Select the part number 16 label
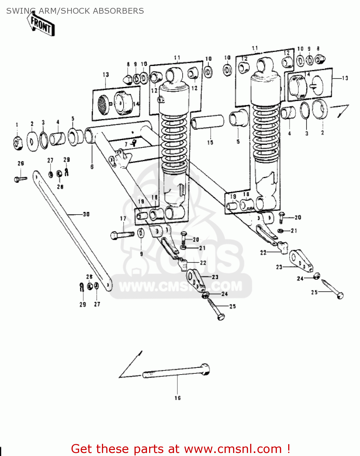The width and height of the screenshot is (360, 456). [177, 398]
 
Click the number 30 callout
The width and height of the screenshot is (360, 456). [86, 214]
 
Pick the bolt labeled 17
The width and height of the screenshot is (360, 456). [122, 235]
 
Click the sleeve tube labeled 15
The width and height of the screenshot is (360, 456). [207, 122]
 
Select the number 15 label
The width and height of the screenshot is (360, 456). [210, 142]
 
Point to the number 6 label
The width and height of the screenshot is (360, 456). [92, 167]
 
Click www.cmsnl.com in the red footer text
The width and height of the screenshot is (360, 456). [233, 449]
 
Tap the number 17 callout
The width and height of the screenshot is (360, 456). [123, 219]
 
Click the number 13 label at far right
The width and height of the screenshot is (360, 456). [345, 78]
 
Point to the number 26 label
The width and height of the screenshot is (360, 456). [21, 163]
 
